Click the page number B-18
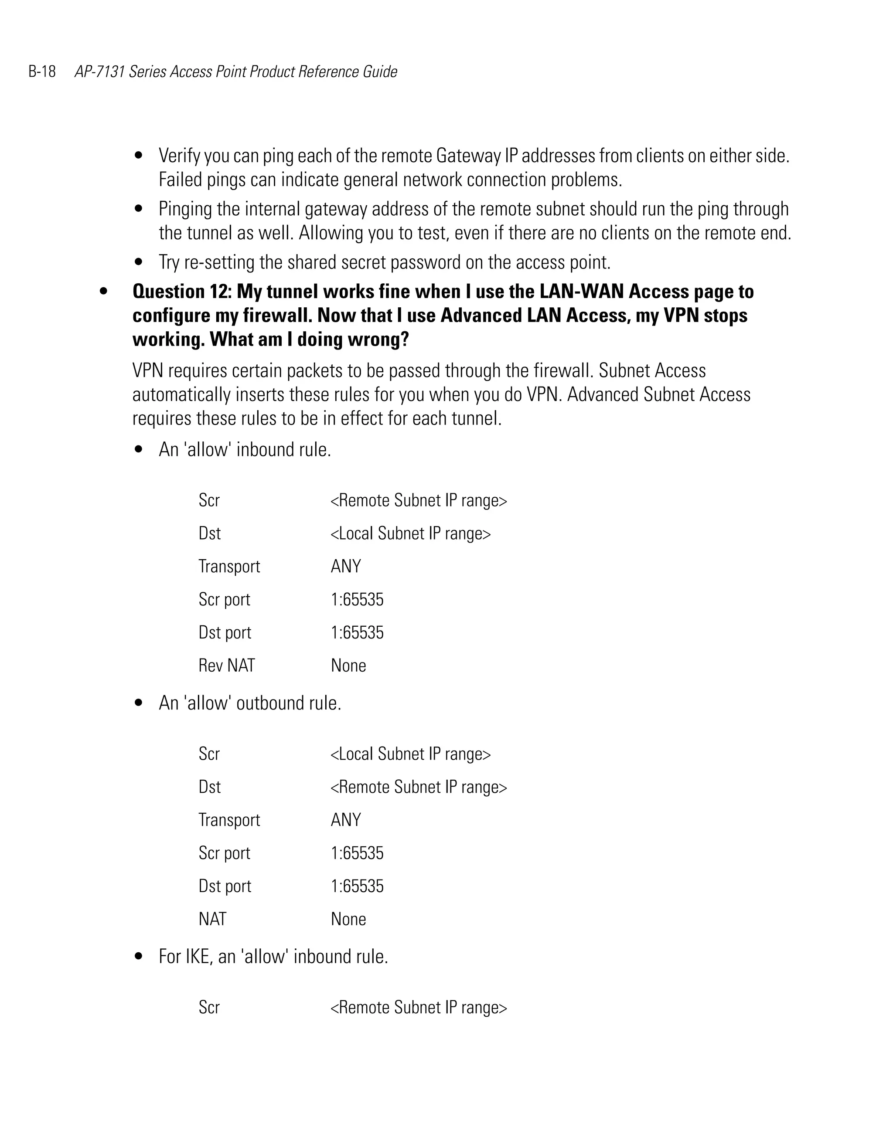click(42, 71)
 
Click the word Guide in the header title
click(380, 71)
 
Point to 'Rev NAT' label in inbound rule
click(226, 666)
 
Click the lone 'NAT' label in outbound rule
click(212, 919)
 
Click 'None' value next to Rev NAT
click(348, 666)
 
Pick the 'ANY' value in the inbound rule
click(346, 566)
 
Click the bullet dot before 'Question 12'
click(103, 292)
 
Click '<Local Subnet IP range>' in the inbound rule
click(410, 533)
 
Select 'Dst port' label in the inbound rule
click(225, 632)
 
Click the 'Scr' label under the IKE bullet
click(209, 1007)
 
